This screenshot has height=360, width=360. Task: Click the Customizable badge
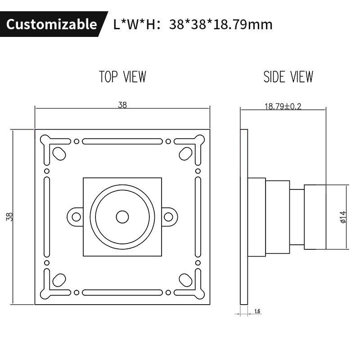(x=51, y=24)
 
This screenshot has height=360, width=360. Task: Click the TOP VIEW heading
(x=122, y=77)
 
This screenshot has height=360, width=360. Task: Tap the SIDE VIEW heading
(x=288, y=77)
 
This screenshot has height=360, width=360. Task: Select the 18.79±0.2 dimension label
(x=283, y=106)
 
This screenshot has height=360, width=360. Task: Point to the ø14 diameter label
(x=343, y=217)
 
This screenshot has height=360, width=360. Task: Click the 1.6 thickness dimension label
(x=258, y=311)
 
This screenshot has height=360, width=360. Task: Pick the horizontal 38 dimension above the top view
(x=122, y=105)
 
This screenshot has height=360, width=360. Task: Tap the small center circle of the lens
(x=122, y=217)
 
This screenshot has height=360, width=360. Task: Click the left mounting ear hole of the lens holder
(x=76, y=217)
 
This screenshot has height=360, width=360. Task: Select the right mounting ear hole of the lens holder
(x=169, y=217)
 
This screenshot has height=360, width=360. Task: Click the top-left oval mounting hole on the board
(x=58, y=153)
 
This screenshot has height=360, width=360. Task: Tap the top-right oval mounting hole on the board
(x=185, y=153)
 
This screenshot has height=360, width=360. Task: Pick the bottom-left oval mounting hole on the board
(x=58, y=280)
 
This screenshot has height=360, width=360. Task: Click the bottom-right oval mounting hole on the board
(x=185, y=280)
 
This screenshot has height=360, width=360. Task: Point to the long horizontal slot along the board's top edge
(x=122, y=141)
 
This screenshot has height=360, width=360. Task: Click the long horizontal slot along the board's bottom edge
(x=122, y=292)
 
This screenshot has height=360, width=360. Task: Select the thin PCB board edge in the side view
(x=244, y=217)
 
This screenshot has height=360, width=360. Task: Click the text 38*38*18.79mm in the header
(x=220, y=24)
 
